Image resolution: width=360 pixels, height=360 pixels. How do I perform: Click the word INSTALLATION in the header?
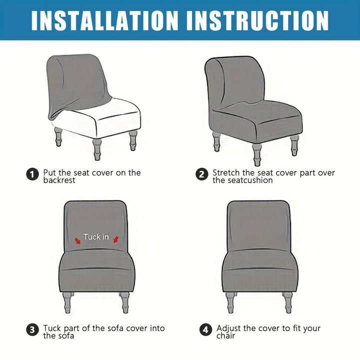[104, 20]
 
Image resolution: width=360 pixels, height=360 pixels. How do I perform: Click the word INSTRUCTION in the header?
[257, 20]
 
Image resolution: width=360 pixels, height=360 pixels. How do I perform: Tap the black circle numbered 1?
[32, 174]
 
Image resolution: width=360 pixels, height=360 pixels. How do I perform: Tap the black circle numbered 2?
[202, 174]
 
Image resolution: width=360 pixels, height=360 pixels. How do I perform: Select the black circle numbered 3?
[32, 330]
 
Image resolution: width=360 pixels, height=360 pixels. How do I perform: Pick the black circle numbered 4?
[205, 330]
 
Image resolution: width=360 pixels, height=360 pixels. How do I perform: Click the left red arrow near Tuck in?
[77, 241]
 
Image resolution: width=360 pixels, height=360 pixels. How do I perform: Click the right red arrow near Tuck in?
[116, 239]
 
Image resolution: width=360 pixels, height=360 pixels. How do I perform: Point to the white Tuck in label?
[96, 236]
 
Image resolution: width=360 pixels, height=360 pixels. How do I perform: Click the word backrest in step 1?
[59, 180]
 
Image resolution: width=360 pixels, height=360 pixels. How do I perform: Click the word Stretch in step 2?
[226, 172]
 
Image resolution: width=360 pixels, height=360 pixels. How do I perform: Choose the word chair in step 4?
[225, 336]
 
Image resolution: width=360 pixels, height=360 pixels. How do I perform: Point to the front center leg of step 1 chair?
[97, 149]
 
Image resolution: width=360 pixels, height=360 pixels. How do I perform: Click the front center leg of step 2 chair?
[256, 154]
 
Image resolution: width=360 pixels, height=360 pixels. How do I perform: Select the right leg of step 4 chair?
[287, 302]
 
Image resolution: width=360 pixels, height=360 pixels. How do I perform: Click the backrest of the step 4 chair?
[259, 226]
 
